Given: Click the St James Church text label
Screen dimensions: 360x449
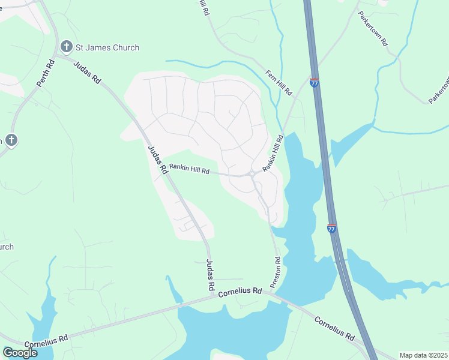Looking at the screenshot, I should [x=107, y=47].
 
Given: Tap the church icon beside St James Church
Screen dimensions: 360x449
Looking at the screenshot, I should [x=66, y=47].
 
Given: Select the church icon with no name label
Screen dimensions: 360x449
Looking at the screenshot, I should [x=11, y=141].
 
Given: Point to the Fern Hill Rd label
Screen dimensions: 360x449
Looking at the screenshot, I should [x=279, y=83].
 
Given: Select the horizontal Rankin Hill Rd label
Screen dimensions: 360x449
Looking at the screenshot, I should [x=189, y=170].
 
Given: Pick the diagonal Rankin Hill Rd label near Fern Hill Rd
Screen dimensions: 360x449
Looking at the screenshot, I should [x=273, y=154].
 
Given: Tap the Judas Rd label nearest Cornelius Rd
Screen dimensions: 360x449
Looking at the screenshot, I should [x=210, y=275].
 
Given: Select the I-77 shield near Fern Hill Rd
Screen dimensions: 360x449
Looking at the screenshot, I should [x=315, y=83].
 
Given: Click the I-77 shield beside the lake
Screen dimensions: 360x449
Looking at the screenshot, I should [x=332, y=228].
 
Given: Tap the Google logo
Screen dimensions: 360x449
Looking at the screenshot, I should [x=20, y=352].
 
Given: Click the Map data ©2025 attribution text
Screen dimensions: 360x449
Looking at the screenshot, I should [x=423, y=355].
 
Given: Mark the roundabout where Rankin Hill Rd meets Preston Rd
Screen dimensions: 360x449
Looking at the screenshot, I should [x=252, y=174].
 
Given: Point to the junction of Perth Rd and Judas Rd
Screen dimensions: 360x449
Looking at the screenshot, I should [x=55, y=58].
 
